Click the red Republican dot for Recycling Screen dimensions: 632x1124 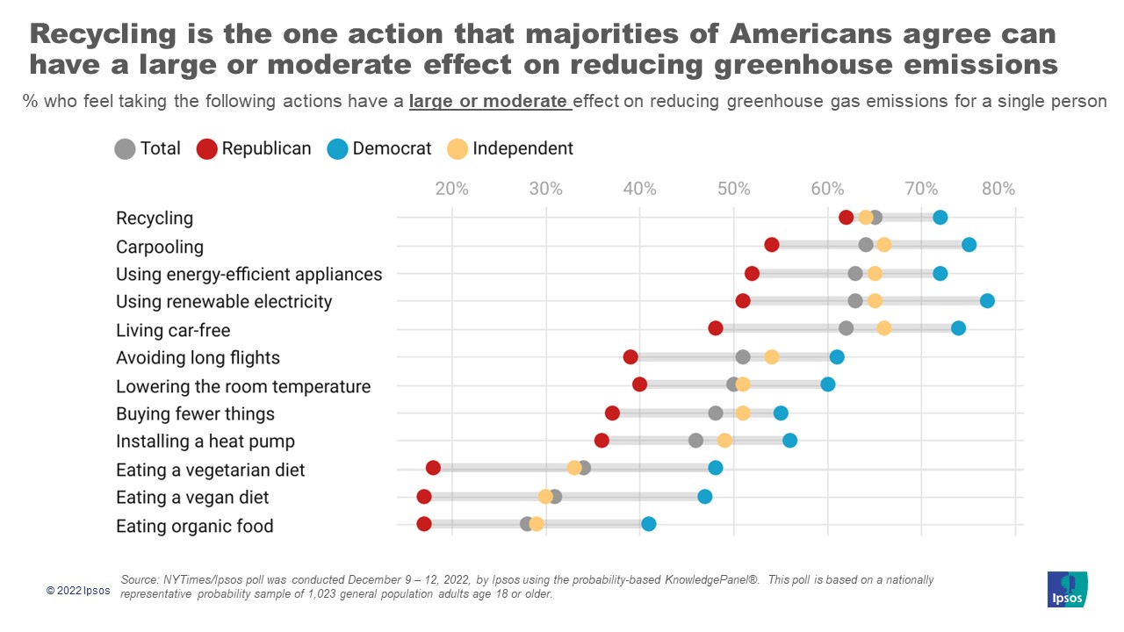coord(846,218)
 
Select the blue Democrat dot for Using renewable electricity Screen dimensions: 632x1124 coord(987,301)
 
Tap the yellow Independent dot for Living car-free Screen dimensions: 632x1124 coord(883,328)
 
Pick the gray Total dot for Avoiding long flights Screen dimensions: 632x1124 coord(743,356)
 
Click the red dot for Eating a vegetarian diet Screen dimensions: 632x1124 coord(433,468)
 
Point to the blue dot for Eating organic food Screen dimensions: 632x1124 coord(648,524)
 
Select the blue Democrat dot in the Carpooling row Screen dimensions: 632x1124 coord(969,245)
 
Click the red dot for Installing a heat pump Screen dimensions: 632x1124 coord(602,441)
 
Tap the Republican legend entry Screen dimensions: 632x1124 coord(255,148)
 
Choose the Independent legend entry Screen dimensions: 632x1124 coord(510,148)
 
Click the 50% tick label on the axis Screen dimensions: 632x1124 coord(733,189)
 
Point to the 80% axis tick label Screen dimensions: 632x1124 coord(998,189)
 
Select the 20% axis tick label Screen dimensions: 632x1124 coord(451,189)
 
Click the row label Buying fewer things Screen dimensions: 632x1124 coord(195,413)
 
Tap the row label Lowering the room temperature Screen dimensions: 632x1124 coord(243,386)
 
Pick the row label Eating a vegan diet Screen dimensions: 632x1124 coord(192,498)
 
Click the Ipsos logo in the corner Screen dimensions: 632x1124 coord(1067,589)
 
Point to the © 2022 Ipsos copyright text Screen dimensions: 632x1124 coord(78,591)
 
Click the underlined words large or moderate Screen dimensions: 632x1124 coord(489,101)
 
